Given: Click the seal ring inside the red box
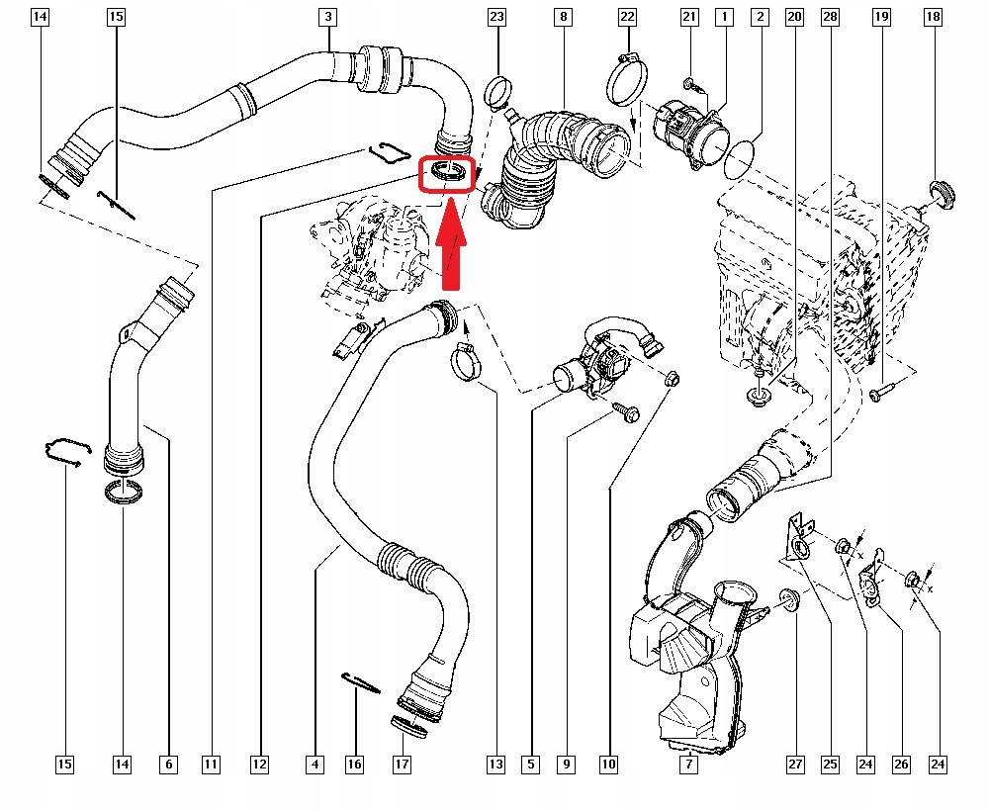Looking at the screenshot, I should (x=448, y=174).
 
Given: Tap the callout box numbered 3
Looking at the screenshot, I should (x=327, y=17).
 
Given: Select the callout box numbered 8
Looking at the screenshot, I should (x=563, y=17).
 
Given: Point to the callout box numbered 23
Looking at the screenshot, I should (x=496, y=17).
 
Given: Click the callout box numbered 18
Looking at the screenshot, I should (x=933, y=17).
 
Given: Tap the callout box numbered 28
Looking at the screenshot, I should (x=830, y=17).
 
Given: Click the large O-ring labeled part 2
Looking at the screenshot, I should (x=745, y=159).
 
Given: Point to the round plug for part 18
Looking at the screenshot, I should (x=942, y=194).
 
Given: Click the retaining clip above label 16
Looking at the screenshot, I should (x=358, y=682).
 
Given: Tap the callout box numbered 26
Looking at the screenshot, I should (x=901, y=764).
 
